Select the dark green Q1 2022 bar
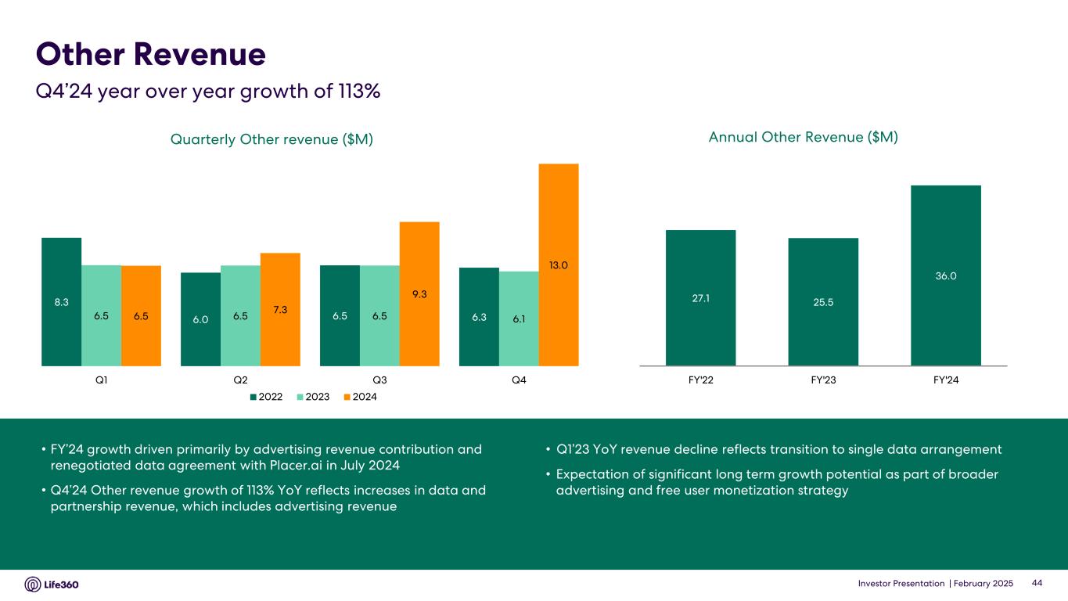(62, 301)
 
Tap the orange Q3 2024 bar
(419, 293)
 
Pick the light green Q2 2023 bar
(240, 315)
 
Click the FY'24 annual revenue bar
(945, 275)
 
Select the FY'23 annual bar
(823, 301)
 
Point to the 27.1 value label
(700, 297)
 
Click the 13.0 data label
(559, 266)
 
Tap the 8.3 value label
(62, 301)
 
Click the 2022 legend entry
(265, 397)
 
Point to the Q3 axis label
(379, 380)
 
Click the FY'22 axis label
(700, 380)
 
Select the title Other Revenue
(151, 55)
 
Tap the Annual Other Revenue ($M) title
(803, 137)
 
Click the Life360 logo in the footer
(52, 585)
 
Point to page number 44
(1038, 584)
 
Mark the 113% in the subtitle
(357, 91)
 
